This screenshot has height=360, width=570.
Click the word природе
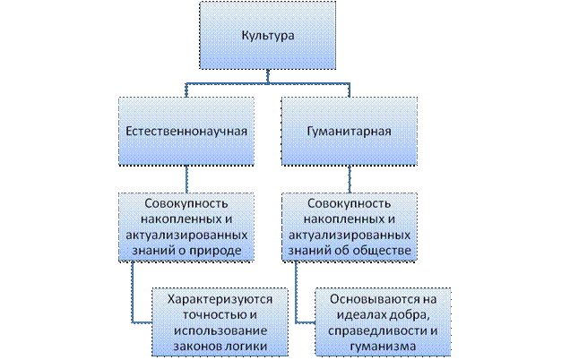[218, 252]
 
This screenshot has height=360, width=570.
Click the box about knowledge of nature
[186, 227]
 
